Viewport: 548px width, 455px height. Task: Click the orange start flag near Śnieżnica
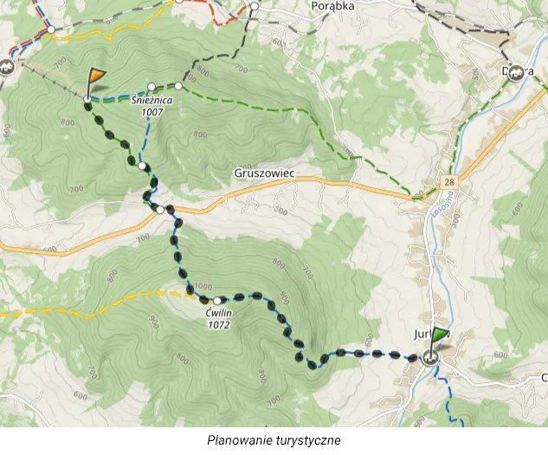tap(94, 81)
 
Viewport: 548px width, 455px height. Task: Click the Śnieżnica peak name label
tap(152, 101)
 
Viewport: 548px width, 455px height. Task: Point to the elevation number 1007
tap(152, 112)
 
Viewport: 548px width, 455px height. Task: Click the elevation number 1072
tap(217, 325)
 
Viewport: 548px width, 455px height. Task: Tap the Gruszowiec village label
tap(264, 173)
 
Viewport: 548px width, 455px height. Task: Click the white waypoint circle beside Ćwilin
tap(217, 301)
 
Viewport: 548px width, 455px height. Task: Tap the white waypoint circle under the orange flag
tap(87, 101)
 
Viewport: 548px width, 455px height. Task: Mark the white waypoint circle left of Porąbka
tap(255, 6)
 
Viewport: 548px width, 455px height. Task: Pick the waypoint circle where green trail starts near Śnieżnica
tap(178, 85)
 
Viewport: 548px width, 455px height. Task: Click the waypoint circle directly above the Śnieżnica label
tap(152, 87)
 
